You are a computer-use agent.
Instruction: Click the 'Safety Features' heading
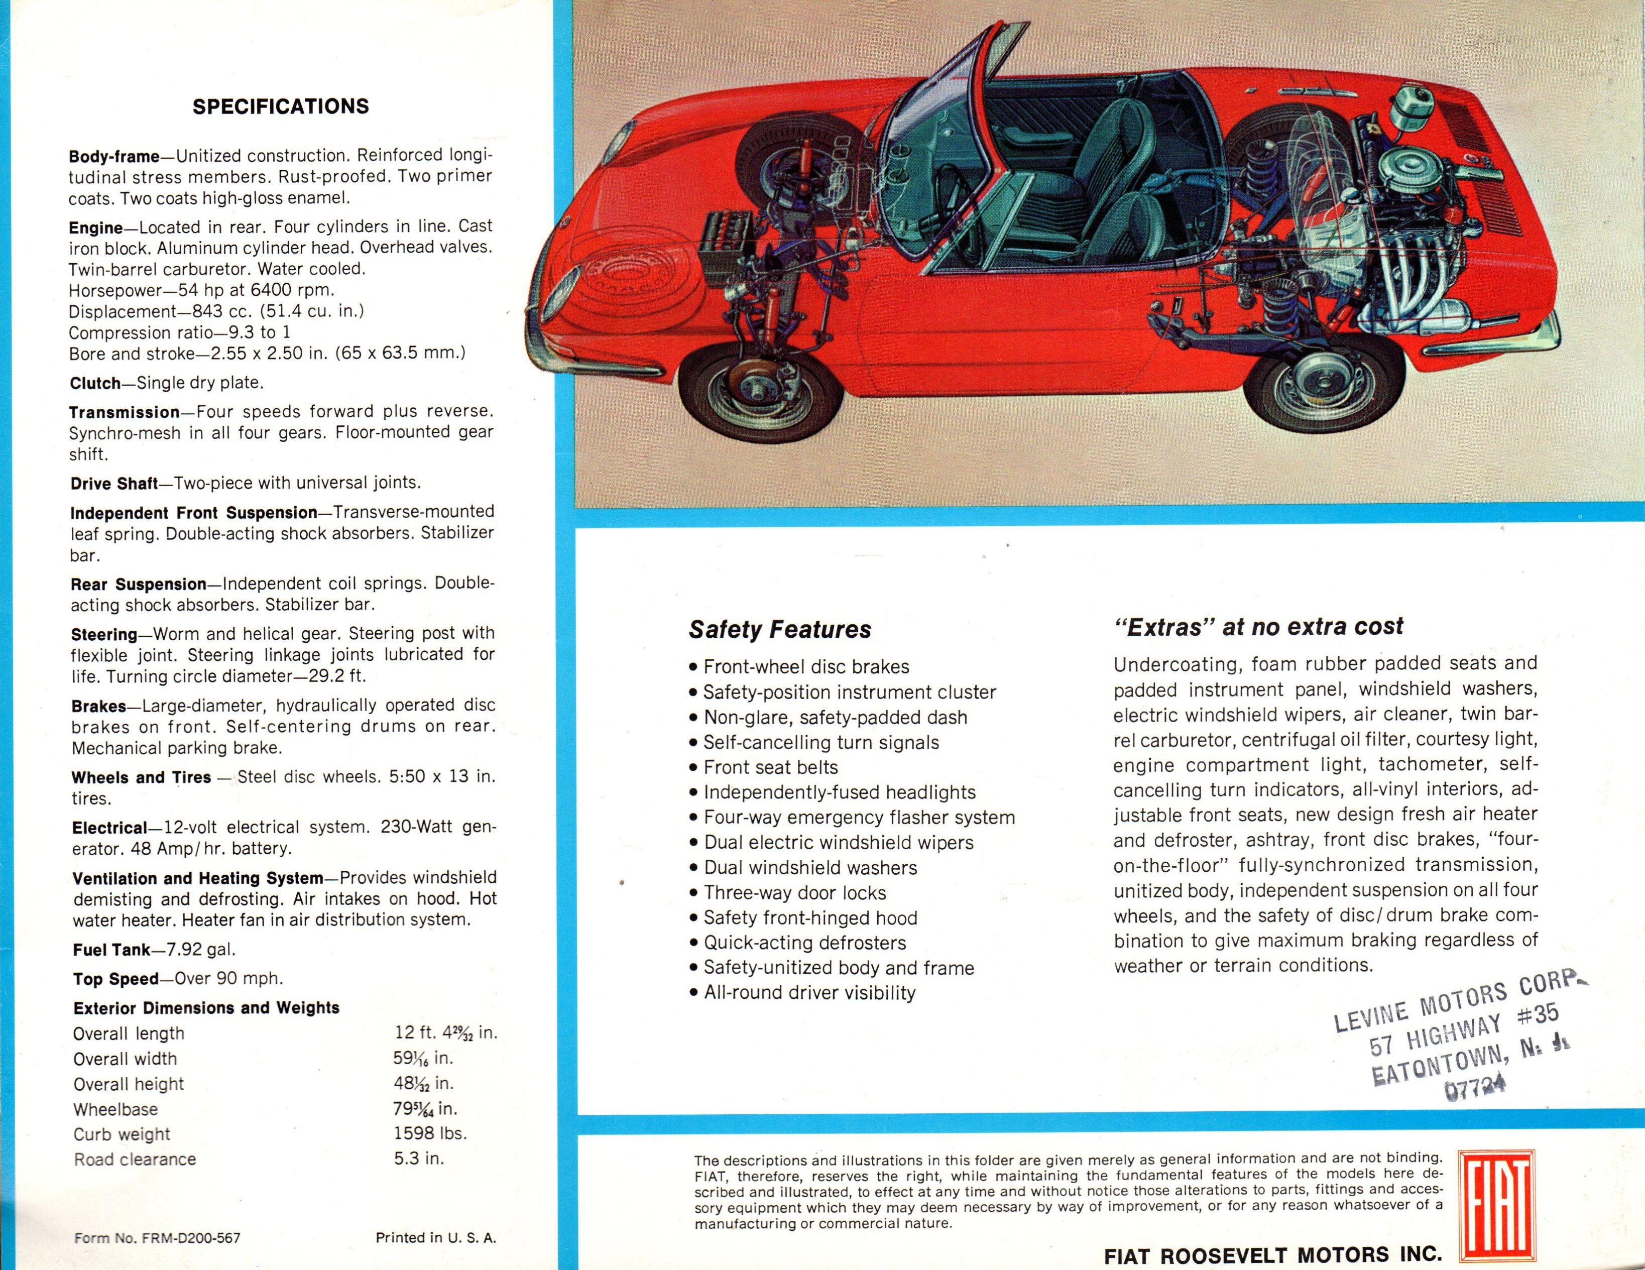(779, 629)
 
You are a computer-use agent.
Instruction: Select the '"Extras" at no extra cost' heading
(1258, 627)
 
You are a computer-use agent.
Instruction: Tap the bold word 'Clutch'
(95, 383)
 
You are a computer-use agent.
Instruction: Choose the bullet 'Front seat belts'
(770, 767)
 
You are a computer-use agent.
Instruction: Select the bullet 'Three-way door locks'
(794, 893)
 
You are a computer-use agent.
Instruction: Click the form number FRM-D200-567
(191, 1237)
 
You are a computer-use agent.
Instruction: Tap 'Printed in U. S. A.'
(435, 1237)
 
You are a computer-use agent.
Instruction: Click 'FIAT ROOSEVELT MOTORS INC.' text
(1272, 1255)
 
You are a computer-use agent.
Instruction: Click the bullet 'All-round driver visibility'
(808, 993)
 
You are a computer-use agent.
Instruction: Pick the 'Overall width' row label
(125, 1059)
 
